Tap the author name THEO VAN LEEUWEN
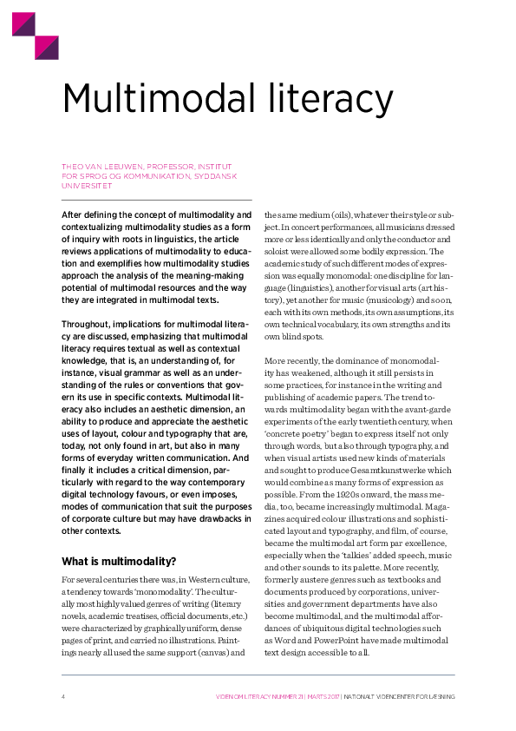pyautogui.click(x=101, y=166)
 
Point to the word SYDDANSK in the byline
pyautogui.click(x=213, y=175)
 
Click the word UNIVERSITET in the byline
pyautogui.click(x=86, y=185)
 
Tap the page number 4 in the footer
pyautogui.click(x=63, y=696)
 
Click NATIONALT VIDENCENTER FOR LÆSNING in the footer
pyautogui.click(x=399, y=696)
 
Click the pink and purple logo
pyautogui.click(x=35, y=36)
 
